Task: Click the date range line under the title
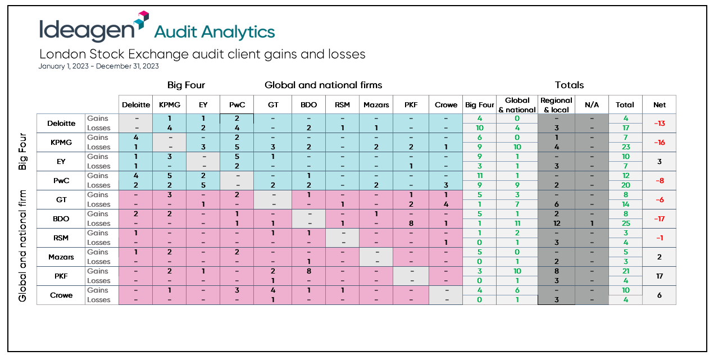pos(99,66)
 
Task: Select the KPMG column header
pos(169,104)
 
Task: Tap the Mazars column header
pos(376,104)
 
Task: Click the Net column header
pos(660,104)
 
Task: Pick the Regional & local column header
pos(556,104)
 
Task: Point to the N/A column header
pos(592,104)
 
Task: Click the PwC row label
pos(61,181)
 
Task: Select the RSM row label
pos(61,238)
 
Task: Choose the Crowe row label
pos(61,295)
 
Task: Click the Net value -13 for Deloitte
pos(660,124)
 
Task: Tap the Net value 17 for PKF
pos(660,276)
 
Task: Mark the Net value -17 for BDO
pos(660,219)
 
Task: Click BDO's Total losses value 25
pos(625,224)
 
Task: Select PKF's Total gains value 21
pos(625,271)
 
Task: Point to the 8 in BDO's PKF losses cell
pos(411,224)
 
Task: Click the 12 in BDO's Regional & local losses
pos(556,224)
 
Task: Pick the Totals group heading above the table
pos(569,85)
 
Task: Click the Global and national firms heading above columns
pos(323,85)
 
